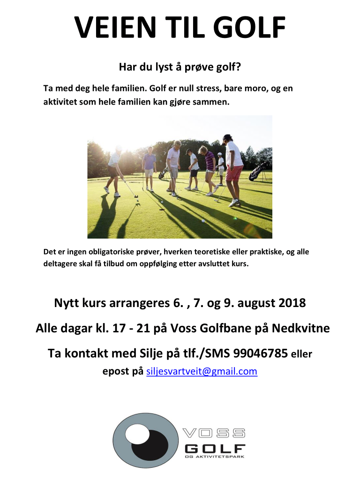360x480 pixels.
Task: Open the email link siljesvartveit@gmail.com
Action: (202, 371)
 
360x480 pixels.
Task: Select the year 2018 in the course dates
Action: (292, 303)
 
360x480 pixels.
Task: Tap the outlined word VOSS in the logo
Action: (214, 433)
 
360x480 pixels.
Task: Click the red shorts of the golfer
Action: (234, 173)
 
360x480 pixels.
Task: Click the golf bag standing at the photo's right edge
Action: (259, 171)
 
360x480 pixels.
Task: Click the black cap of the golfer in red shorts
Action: (227, 137)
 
